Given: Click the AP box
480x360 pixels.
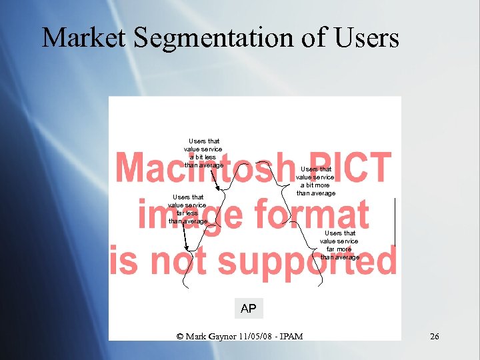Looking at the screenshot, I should [248, 309].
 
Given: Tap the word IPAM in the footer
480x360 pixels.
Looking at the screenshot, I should [292, 336].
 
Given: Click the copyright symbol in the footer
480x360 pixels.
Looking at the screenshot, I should [180, 336].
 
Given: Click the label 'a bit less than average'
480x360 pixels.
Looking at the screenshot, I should [203, 153].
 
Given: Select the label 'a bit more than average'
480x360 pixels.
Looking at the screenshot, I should [316, 181].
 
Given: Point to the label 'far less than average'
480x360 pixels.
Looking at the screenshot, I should [188, 209].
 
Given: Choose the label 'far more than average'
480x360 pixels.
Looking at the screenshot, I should [340, 245].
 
